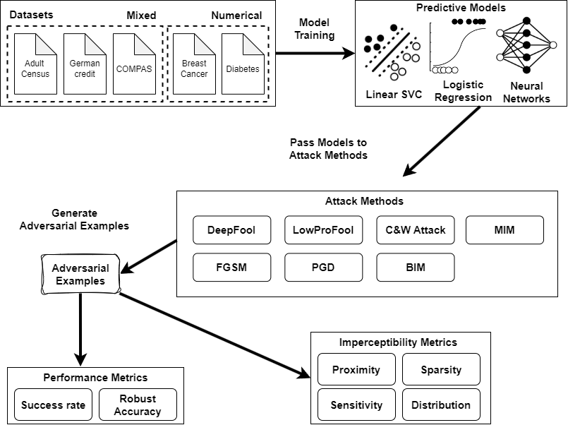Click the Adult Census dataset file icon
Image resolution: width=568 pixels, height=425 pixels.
(x=35, y=65)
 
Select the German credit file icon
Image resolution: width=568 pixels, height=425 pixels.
(x=85, y=65)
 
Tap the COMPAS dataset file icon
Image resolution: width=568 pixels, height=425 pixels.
(x=134, y=65)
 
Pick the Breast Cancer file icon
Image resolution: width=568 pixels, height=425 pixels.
(x=194, y=65)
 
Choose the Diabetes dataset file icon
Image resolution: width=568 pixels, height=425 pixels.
(x=243, y=65)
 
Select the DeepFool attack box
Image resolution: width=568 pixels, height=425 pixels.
(x=231, y=230)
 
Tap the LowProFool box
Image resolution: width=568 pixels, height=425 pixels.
(x=323, y=230)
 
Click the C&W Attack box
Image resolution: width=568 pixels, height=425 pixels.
(x=415, y=230)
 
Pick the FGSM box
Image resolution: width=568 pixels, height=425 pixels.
(x=231, y=268)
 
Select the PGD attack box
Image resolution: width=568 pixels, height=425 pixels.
(x=323, y=268)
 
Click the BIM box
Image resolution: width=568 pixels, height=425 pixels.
(x=415, y=268)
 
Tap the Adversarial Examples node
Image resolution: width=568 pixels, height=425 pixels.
(x=80, y=275)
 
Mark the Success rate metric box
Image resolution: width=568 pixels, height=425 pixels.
(x=53, y=405)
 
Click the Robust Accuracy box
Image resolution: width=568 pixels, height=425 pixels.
(x=138, y=405)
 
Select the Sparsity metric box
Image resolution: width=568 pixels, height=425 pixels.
(x=441, y=370)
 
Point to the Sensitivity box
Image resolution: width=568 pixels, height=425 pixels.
(x=356, y=405)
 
